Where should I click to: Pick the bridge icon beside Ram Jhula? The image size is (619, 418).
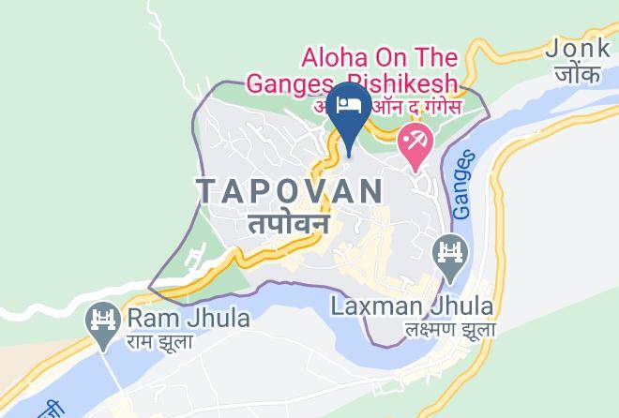click(x=101, y=320)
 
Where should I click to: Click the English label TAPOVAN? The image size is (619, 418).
click(x=290, y=191)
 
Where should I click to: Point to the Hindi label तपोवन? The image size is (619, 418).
click(x=289, y=224)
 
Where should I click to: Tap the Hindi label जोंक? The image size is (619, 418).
click(x=578, y=73)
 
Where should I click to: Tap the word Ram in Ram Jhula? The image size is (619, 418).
click(x=150, y=318)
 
